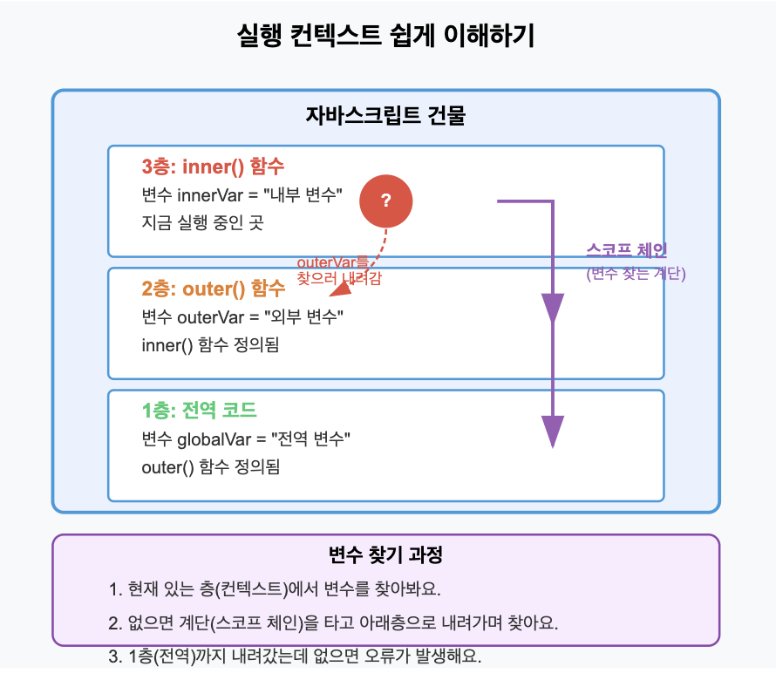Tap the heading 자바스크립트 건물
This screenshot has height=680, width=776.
tap(385, 116)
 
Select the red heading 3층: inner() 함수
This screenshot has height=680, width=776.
tap(213, 167)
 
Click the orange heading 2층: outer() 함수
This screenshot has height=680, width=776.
tap(213, 289)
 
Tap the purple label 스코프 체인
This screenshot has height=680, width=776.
tap(626, 250)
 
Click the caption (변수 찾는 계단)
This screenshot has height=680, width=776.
tap(636, 274)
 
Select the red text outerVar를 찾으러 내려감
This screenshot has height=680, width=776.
tap(340, 270)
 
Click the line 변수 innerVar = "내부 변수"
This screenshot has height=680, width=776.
tap(242, 194)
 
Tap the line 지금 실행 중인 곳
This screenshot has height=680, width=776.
tap(201, 222)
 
